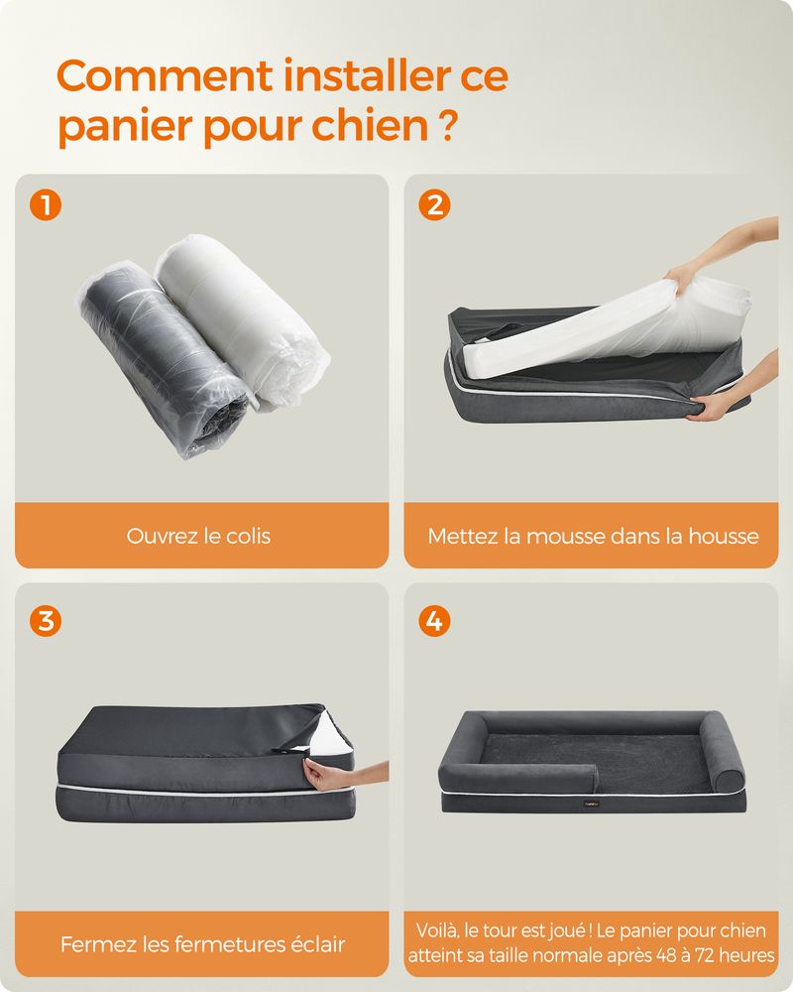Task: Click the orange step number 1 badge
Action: click(x=46, y=205)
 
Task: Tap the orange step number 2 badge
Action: click(x=434, y=205)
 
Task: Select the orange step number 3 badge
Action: click(x=46, y=621)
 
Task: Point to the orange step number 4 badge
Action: click(x=434, y=621)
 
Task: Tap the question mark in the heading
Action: click(x=447, y=126)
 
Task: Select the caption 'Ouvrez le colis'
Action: click(x=198, y=536)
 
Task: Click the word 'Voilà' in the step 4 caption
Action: click(x=437, y=930)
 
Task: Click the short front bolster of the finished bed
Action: click(x=517, y=775)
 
